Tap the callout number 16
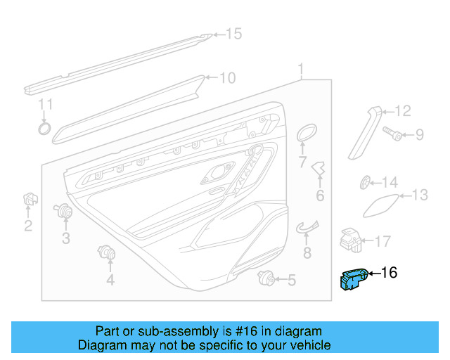[389, 273]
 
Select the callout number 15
[233, 34]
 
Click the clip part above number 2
[29, 200]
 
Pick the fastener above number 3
[65, 210]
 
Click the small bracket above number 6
[320, 169]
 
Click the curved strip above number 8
[307, 225]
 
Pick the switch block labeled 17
[351, 238]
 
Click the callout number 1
[301, 70]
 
